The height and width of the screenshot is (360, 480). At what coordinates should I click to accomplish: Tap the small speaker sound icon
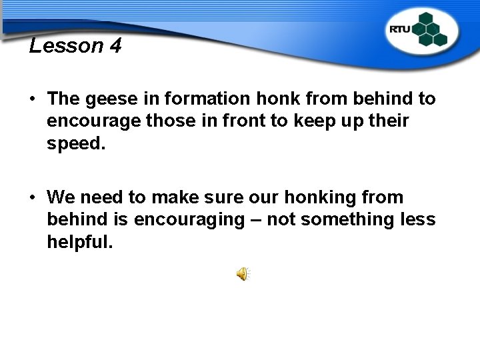pos(243,274)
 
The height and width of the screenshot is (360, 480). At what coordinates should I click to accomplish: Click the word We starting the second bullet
pos(61,197)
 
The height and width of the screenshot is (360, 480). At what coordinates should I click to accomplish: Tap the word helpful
pos(79,242)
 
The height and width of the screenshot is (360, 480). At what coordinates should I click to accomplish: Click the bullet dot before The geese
pos(33,100)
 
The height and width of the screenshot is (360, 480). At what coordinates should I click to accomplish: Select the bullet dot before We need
pos(33,198)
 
